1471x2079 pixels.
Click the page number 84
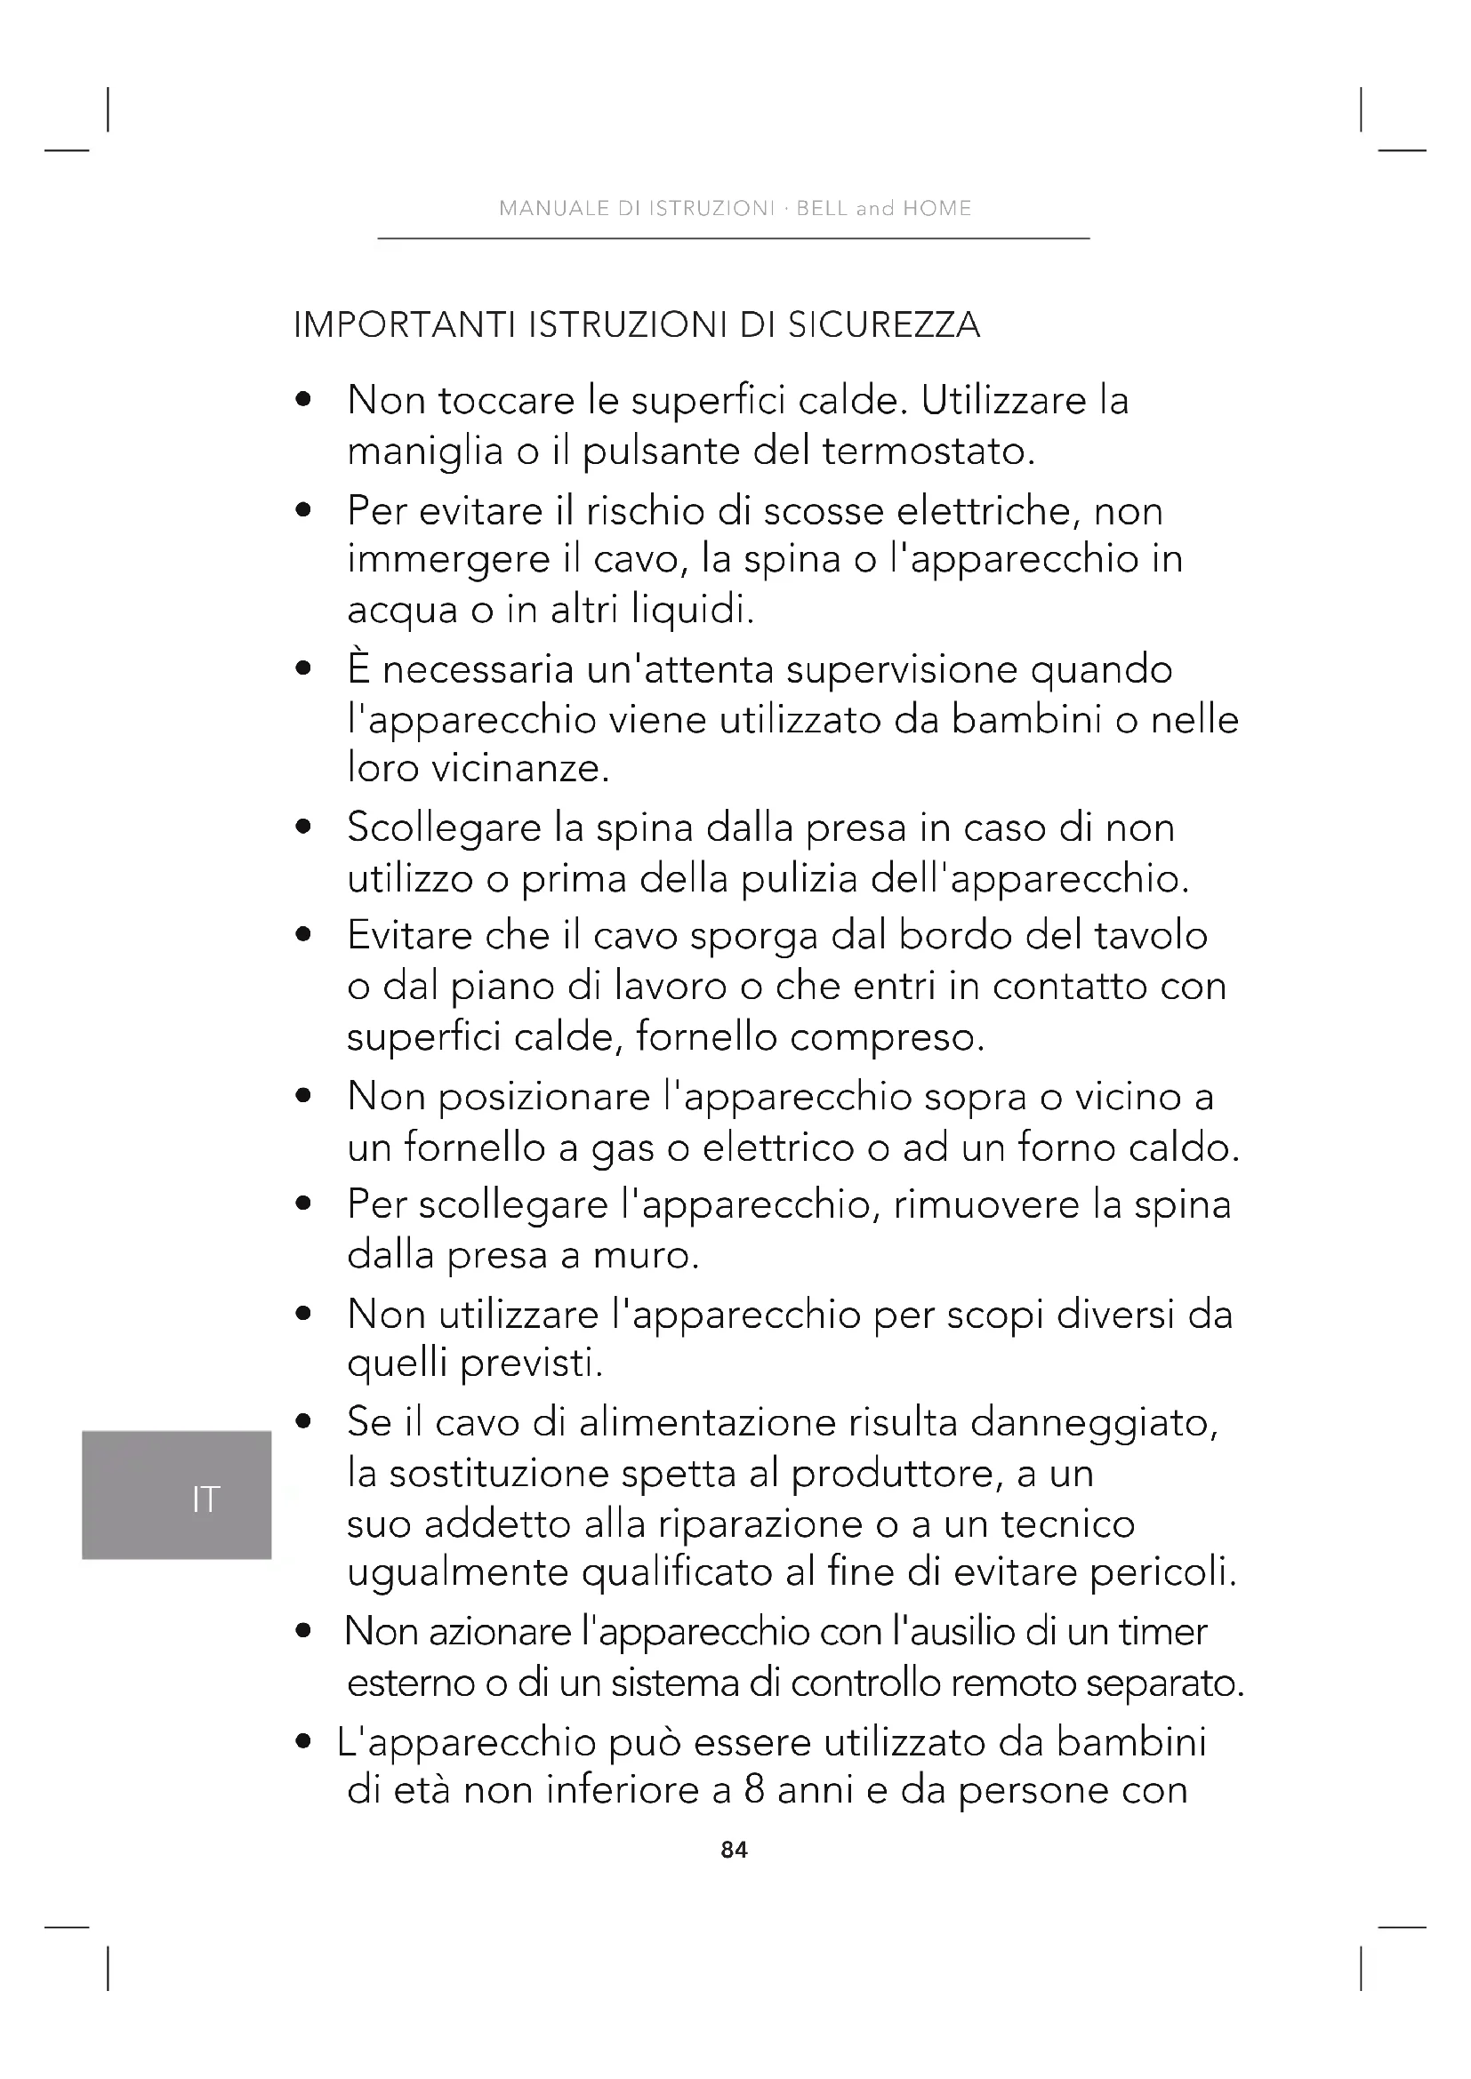(x=734, y=1849)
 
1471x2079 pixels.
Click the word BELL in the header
(x=823, y=208)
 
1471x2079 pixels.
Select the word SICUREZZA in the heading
(x=883, y=325)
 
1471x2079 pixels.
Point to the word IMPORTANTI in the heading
(x=406, y=325)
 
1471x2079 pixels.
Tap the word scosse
(x=823, y=512)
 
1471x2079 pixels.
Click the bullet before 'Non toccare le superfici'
(x=303, y=399)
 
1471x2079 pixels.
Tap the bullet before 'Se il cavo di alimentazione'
(x=303, y=1422)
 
